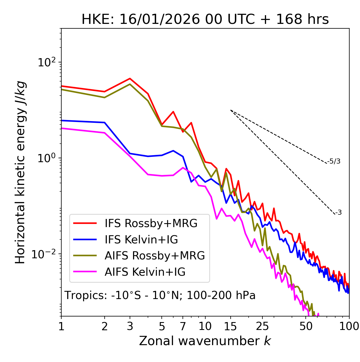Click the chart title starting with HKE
click(205, 20)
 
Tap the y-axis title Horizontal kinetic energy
click(20, 172)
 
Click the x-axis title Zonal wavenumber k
click(205, 341)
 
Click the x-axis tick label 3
click(130, 326)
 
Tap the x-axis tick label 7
click(183, 326)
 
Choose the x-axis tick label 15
click(230, 326)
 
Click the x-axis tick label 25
click(262, 326)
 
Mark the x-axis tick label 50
click(306, 326)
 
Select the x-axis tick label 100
click(349, 326)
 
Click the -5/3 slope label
click(334, 161)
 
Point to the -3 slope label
click(338, 212)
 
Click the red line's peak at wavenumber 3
click(130, 78)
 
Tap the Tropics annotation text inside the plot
click(160, 295)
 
